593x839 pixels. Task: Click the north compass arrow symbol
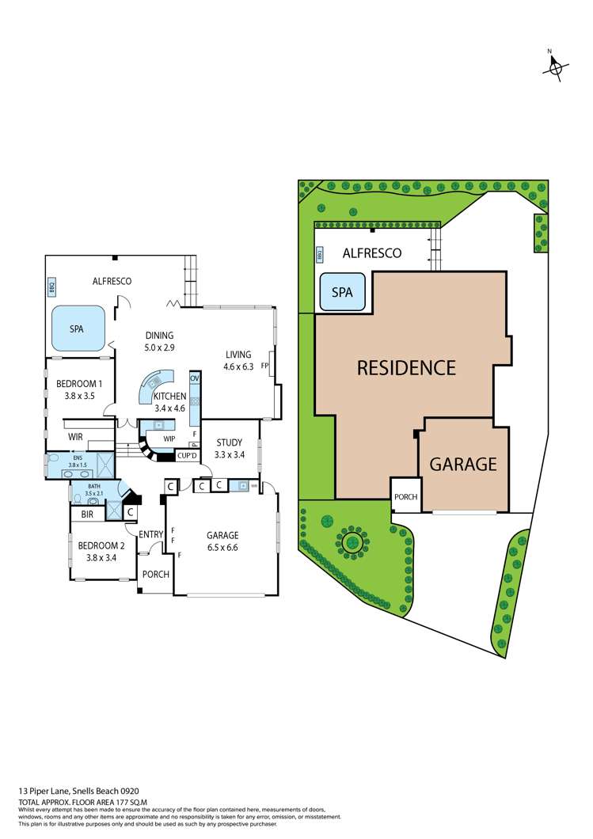(553, 68)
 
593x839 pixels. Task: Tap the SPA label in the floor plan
(77, 329)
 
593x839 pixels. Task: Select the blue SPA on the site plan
(341, 292)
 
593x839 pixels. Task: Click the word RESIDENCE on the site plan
(406, 367)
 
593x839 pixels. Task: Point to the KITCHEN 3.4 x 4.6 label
(169, 402)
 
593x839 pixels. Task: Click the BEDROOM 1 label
(78, 389)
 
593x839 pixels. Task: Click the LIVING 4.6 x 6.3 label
(238, 360)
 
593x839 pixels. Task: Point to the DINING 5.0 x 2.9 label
(159, 341)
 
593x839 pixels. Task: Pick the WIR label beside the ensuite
(76, 437)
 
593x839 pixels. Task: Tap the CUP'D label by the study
(188, 456)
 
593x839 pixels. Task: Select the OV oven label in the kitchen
(194, 378)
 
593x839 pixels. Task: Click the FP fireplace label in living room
(265, 366)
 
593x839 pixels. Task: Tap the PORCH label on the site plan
(405, 497)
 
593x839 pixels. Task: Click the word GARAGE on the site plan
(463, 464)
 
